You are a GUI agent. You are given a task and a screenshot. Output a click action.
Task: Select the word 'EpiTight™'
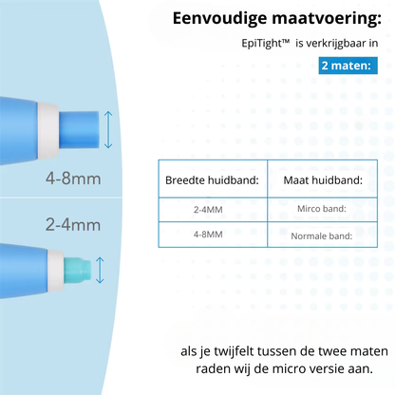tap(266, 45)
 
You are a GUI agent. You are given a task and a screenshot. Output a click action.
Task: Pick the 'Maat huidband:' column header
tap(320, 179)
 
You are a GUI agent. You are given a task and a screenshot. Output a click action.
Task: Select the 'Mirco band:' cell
tap(321, 209)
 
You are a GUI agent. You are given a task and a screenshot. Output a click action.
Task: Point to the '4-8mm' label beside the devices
tap(74, 178)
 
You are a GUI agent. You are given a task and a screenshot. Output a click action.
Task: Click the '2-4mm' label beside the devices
tap(72, 225)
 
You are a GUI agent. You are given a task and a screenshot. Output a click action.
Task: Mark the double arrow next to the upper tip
tap(108, 128)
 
